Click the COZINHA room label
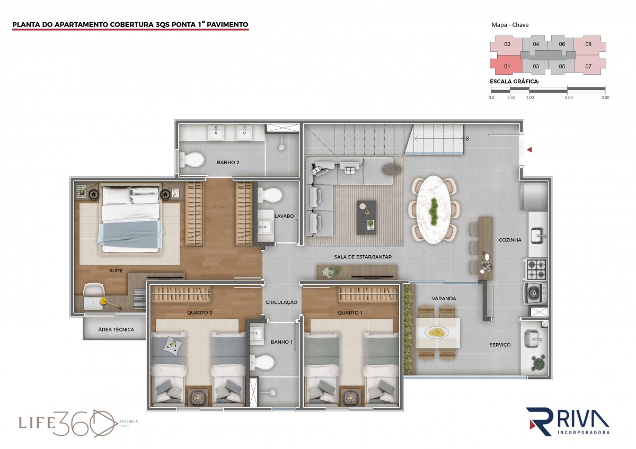click(510, 240)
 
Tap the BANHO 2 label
click(228, 163)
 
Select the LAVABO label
click(284, 216)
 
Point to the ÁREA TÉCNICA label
click(116, 329)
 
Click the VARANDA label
click(444, 299)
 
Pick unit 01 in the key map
click(507, 66)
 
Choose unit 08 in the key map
click(588, 44)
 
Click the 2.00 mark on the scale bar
click(568, 97)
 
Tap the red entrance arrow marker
click(529, 149)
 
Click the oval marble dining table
click(434, 210)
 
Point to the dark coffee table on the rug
click(367, 218)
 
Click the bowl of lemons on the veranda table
click(437, 331)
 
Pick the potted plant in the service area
click(538, 363)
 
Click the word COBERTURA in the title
click(132, 25)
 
